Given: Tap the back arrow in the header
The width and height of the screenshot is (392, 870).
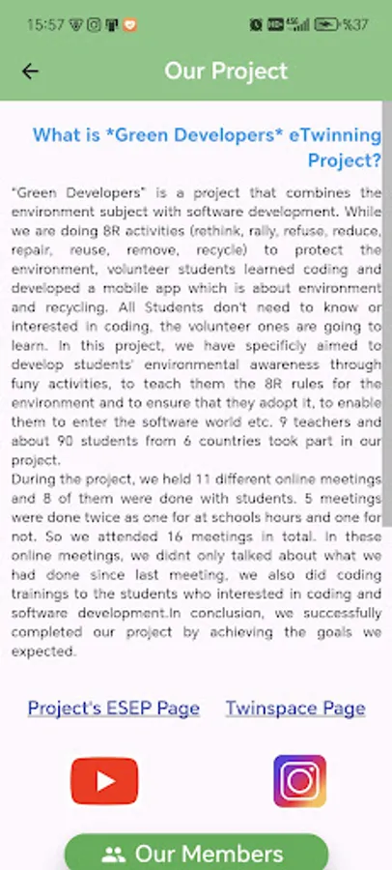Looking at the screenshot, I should point(30,71).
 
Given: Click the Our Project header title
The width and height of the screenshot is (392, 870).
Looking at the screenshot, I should point(226,71).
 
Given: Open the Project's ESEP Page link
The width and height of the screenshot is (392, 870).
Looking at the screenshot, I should point(113,709).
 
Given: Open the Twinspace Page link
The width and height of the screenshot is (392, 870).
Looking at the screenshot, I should point(295,709).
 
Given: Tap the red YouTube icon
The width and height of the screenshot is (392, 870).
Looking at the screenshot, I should point(104,781).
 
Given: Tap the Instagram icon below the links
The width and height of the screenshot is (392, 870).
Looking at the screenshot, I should point(299,781).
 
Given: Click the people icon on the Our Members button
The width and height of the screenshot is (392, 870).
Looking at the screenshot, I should point(114,855).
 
